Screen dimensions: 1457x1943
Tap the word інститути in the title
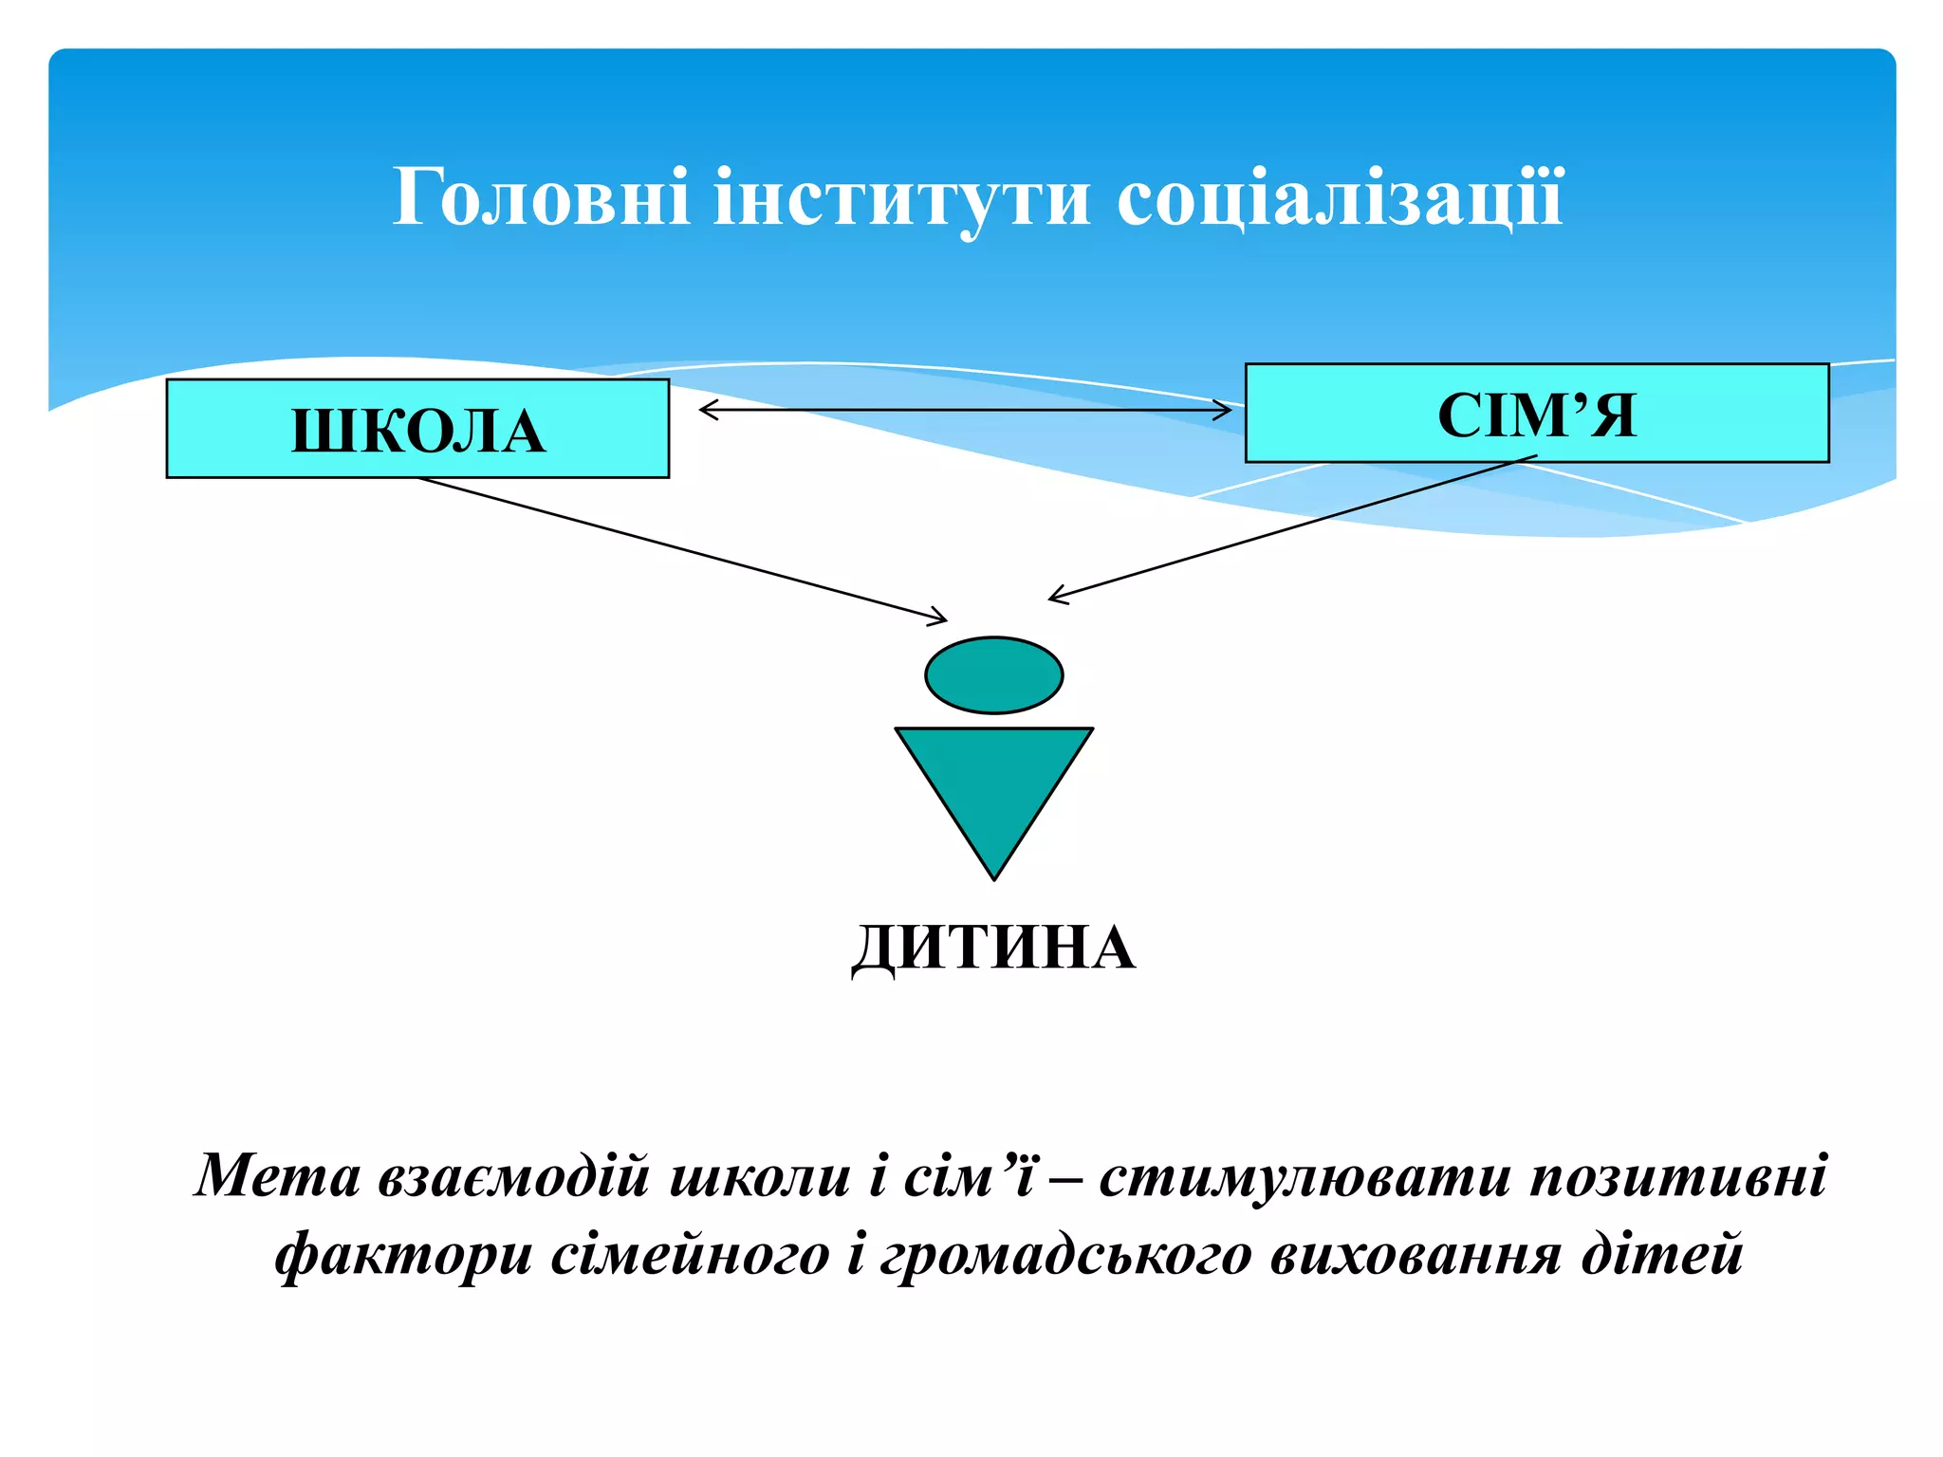[902, 197]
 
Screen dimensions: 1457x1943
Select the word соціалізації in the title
[1340, 197]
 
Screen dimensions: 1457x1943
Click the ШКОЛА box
[417, 429]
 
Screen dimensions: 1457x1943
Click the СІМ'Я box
[1537, 414]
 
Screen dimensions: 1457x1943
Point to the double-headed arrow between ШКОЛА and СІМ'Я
[966, 410]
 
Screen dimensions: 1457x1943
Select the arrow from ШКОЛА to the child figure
[683, 550]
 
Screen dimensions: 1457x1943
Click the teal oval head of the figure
[993, 674]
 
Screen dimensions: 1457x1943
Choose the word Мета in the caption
[278, 1176]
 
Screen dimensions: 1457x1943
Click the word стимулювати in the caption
[1305, 1176]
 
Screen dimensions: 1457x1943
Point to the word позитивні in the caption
[1678, 1176]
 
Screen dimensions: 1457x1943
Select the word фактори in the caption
[403, 1254]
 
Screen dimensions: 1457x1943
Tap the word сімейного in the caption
[690, 1254]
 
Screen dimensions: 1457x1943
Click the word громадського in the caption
[1064, 1254]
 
